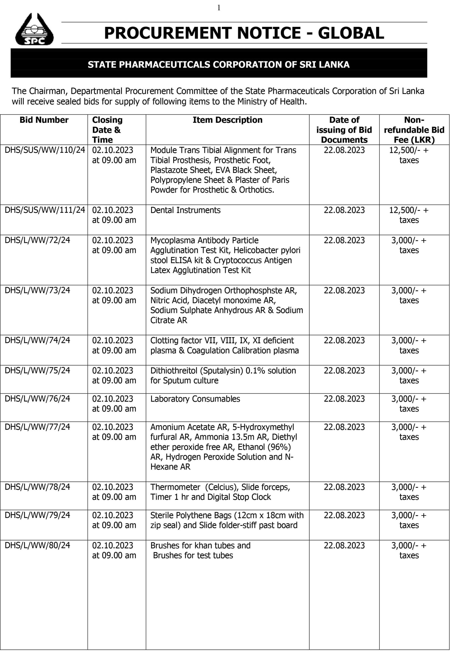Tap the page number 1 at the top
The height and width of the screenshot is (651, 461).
pyautogui.click(x=219, y=8)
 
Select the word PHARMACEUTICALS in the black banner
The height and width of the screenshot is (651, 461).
pyautogui.click(x=165, y=65)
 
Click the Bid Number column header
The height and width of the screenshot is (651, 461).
pyautogui.click(x=44, y=120)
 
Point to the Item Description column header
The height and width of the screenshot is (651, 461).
pyautogui.click(x=227, y=120)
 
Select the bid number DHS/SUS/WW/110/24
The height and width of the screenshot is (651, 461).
pyautogui.click(x=45, y=150)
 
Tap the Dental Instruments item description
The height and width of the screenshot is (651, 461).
pyautogui.click(x=185, y=210)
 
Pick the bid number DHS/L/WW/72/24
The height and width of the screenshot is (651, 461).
pyautogui.click(x=37, y=240)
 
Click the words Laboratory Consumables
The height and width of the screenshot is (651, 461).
pyautogui.click(x=195, y=399)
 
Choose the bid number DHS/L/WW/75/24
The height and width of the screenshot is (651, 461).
pyautogui.click(x=37, y=371)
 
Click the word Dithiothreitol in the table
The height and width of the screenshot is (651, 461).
pyautogui.click(x=174, y=371)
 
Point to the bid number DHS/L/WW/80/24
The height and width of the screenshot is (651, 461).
pyautogui.click(x=37, y=545)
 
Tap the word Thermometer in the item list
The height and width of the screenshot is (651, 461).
pyautogui.click(x=175, y=487)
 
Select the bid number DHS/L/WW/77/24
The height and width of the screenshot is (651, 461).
pyautogui.click(x=37, y=427)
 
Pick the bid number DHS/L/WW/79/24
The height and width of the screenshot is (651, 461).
pyautogui.click(x=37, y=515)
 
